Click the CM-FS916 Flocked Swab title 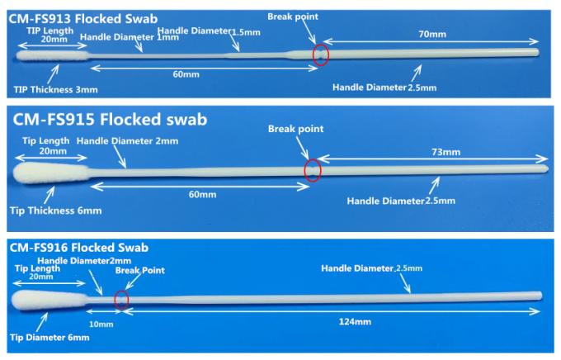[78, 247]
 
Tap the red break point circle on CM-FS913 [319, 54]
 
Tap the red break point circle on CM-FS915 [312, 170]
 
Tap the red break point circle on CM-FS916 [121, 299]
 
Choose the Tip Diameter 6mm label [49, 337]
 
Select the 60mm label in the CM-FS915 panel [200, 194]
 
